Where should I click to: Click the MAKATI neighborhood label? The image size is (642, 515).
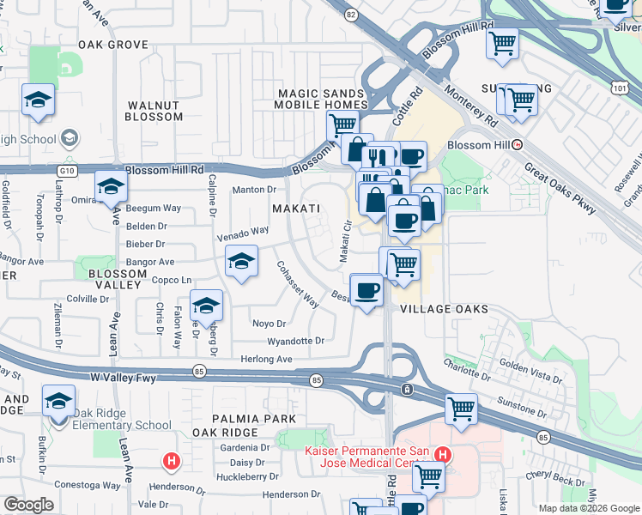[296, 209]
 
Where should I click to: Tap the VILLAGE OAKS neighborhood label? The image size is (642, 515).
[444, 309]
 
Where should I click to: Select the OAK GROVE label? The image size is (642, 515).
[113, 45]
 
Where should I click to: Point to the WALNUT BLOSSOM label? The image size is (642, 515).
[154, 111]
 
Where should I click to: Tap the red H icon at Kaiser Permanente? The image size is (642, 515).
[442, 455]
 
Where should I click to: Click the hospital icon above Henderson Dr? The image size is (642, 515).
[172, 462]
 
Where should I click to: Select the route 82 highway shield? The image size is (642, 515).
[350, 15]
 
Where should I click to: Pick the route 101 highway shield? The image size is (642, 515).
[620, 88]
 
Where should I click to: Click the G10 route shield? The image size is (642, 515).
[69, 171]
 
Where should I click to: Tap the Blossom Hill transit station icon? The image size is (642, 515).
[517, 145]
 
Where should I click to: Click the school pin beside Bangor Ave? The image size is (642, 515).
[242, 260]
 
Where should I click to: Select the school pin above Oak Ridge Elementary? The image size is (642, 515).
[58, 401]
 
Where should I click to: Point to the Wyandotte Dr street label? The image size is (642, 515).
[296, 341]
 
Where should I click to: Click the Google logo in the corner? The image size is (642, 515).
[28, 505]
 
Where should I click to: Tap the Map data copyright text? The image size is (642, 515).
[588, 508]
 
